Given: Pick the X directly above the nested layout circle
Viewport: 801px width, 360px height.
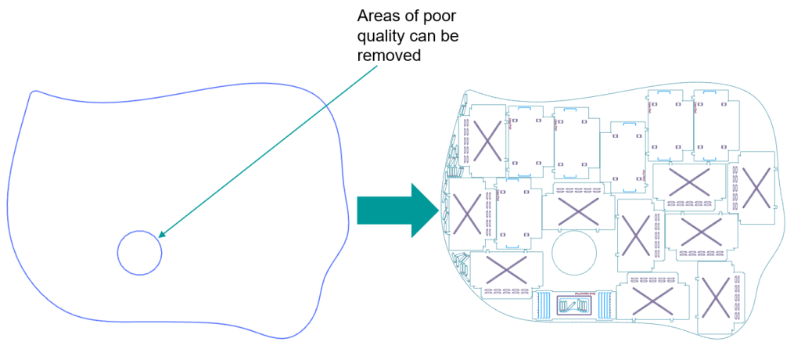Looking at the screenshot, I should [579, 209].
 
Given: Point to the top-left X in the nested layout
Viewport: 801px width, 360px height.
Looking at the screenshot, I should [487, 141].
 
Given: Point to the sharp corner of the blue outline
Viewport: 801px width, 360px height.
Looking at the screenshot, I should [31, 92].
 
